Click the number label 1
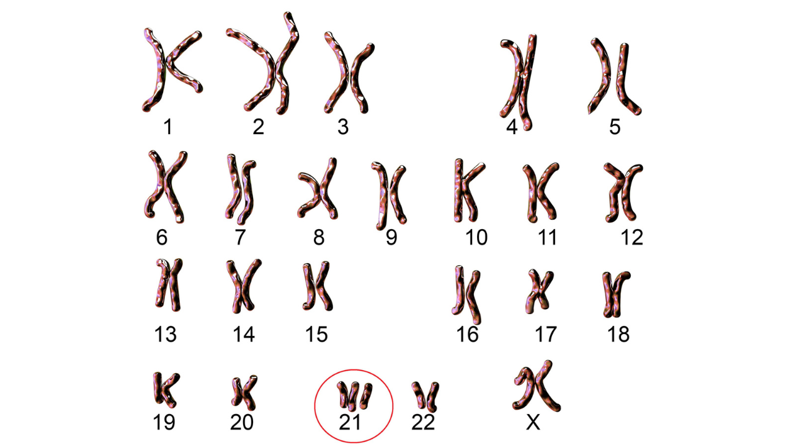[168, 127]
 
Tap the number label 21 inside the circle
[350, 422]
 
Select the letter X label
[533, 422]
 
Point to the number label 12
[631, 237]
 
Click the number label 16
[467, 334]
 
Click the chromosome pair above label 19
[166, 389]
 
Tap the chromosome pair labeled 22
[426, 396]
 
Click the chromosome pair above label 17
[538, 291]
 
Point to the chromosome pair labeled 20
[244, 393]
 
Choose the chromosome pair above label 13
[169, 285]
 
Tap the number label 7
[241, 237]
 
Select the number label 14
[244, 334]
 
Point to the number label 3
[343, 127]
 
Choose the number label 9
[391, 237]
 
